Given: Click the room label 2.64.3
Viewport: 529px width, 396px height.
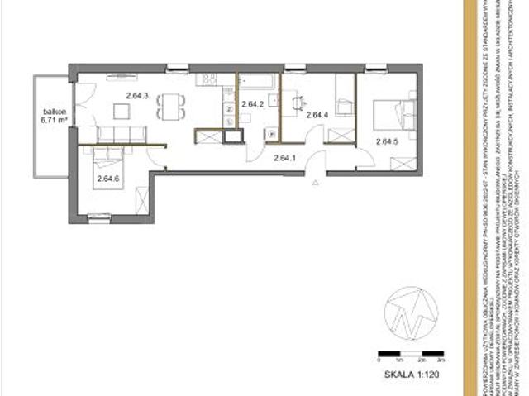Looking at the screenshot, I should (137, 95).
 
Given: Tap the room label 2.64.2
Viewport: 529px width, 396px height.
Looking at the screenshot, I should (253, 104).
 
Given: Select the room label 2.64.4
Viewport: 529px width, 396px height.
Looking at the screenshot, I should (317, 115).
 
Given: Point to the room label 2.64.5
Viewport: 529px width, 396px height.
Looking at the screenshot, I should (387, 141).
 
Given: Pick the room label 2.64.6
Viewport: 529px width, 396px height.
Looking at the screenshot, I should (108, 177).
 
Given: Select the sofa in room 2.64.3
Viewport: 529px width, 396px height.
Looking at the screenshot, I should (123, 134).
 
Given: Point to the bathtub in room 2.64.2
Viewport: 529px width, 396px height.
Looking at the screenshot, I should (258, 81).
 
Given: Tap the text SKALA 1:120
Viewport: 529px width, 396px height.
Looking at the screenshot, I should (411, 373).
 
